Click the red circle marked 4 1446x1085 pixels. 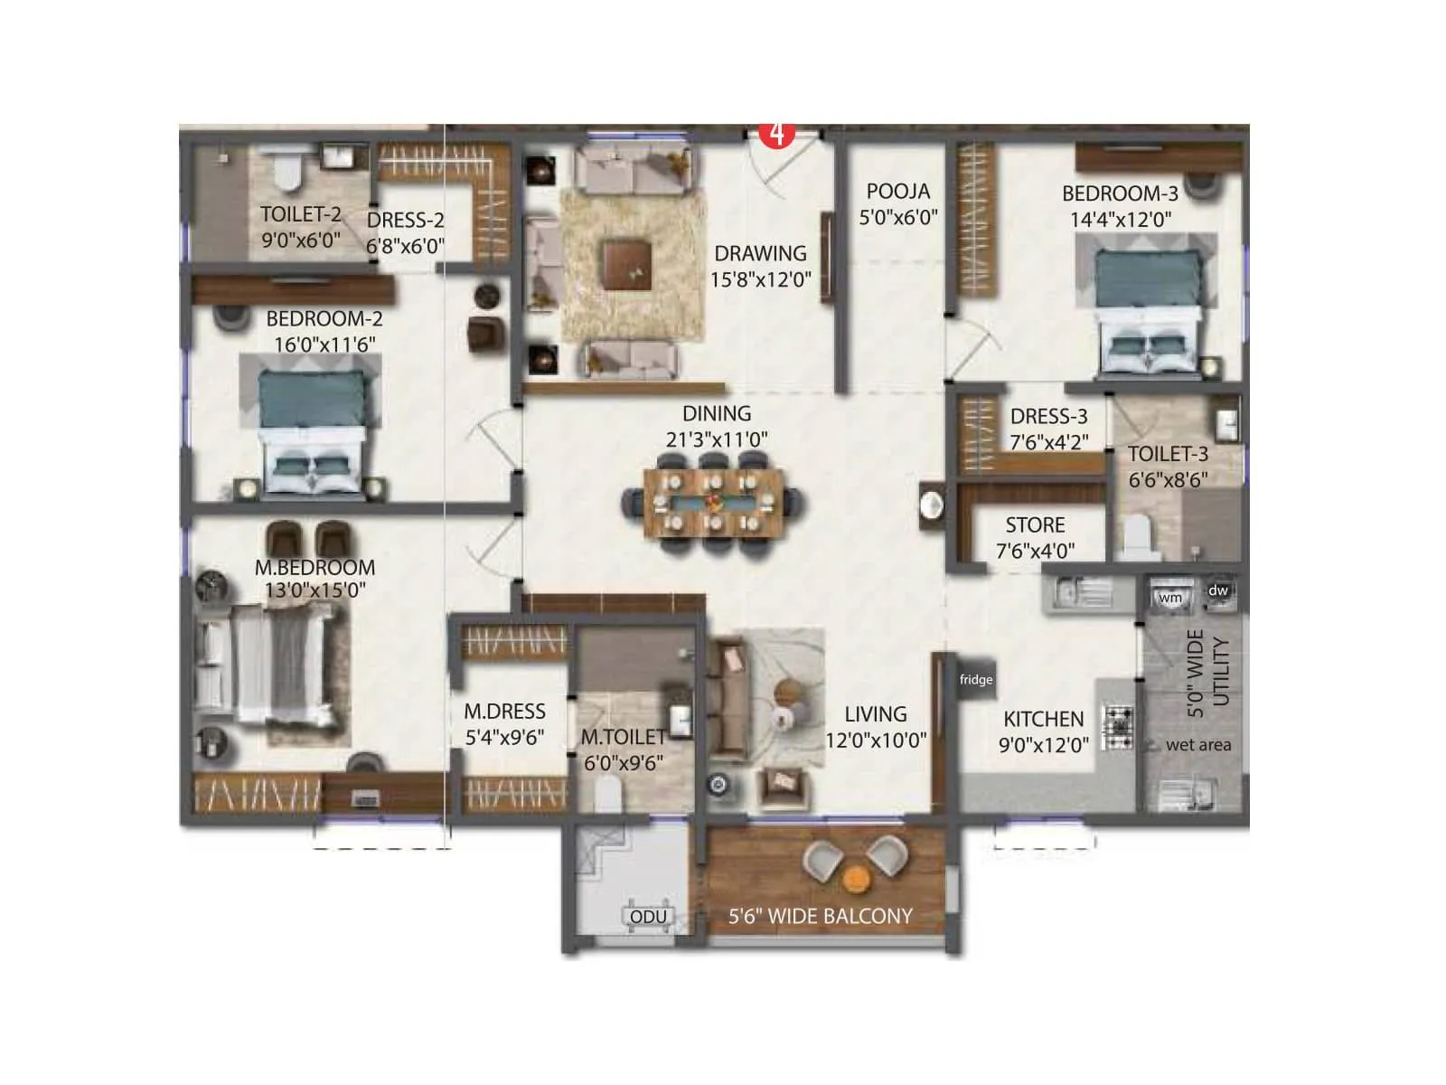[x=775, y=134]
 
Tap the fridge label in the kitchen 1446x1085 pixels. [x=976, y=679]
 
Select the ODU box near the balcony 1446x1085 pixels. [x=648, y=916]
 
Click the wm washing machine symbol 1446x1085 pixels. [x=1170, y=597]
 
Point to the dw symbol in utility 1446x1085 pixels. [x=1218, y=590]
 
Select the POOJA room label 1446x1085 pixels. [x=897, y=192]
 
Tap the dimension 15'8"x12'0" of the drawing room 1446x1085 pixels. [x=760, y=279]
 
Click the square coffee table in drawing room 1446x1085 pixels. [x=626, y=263]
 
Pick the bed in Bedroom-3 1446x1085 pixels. [x=1148, y=307]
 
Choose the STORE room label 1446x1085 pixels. [x=1035, y=525]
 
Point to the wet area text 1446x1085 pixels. [x=1198, y=745]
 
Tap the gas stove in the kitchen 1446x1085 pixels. [x=1118, y=727]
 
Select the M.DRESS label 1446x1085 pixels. [x=504, y=712]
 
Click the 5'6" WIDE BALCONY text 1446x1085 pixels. [x=821, y=916]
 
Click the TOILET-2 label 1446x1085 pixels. [x=300, y=214]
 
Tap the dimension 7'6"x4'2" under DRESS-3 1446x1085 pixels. [x=1049, y=442]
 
